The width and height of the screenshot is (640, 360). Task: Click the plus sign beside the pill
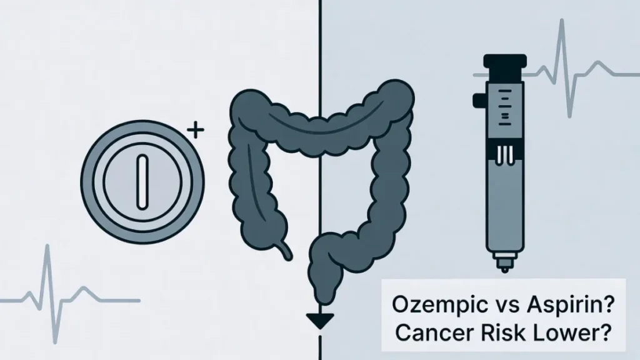coord(196,132)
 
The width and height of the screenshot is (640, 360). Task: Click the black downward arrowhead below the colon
coord(319,320)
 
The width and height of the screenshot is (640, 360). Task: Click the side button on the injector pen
coord(478,99)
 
